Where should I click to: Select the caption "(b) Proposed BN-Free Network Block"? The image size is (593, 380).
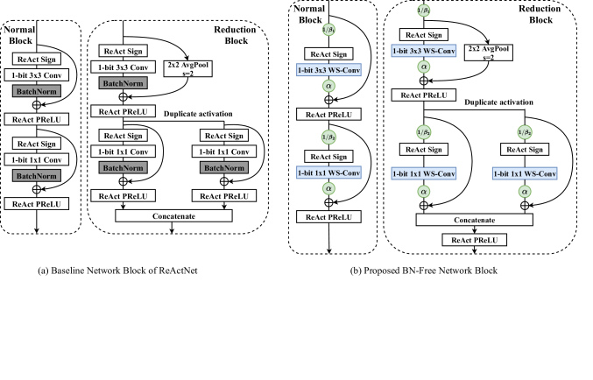point(426,271)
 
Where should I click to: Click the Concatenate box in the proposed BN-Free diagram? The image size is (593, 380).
point(477,222)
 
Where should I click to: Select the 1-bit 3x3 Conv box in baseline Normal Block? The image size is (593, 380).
point(41,74)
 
